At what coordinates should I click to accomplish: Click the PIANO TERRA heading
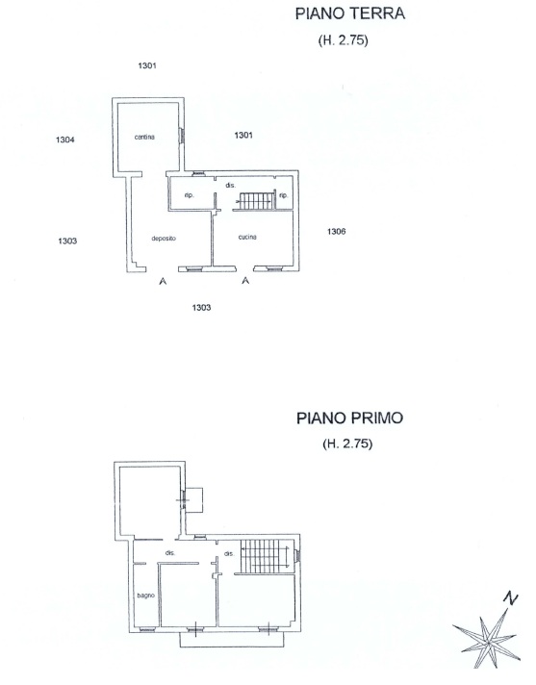point(350,13)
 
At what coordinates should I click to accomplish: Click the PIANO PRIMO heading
point(349,419)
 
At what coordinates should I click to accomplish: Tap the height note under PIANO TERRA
point(343,40)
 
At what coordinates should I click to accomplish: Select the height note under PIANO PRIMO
point(347,444)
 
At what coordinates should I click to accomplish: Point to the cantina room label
point(144,138)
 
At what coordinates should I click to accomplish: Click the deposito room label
point(164,239)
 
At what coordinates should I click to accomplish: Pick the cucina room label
point(247,238)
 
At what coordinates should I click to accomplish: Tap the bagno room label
point(146,596)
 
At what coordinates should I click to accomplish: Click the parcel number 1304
point(65,140)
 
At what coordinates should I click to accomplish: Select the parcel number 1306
point(337,232)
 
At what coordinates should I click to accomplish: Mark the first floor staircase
point(266,556)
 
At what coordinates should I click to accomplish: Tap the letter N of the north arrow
point(510,598)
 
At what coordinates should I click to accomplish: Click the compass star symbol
point(486,640)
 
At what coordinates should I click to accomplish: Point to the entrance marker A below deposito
point(163,281)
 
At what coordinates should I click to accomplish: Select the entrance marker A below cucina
point(245,281)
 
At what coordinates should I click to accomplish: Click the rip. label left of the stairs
point(189,195)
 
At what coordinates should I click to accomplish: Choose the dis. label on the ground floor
point(231,186)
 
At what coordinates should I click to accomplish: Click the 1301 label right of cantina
point(243,135)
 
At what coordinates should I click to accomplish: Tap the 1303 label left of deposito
point(67,241)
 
